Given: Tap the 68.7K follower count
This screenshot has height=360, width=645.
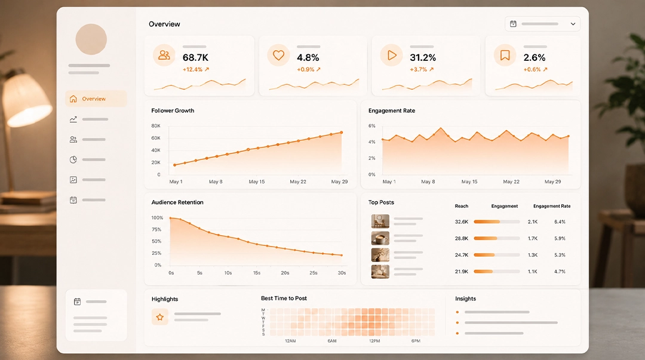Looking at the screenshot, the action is pos(195,57).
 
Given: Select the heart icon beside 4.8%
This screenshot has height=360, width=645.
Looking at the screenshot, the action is pos(278,55).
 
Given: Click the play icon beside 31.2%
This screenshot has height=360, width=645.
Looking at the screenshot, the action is pos(392,55).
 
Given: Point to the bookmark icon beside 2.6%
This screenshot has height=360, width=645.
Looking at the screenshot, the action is pos(505,55).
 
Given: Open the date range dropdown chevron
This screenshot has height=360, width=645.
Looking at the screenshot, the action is pos(573,24).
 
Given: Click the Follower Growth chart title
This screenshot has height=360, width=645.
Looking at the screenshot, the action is pos(173,110).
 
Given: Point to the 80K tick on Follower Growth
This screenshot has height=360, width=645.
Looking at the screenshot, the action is pos(156,126).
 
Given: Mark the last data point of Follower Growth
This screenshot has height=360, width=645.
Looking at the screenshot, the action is pos(342,133).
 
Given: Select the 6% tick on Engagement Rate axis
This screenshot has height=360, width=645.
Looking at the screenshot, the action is pos(372,126).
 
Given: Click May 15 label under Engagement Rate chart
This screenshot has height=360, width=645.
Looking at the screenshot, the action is pos(469,181).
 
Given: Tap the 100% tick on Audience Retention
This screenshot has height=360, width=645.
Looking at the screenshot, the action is pos(157,218).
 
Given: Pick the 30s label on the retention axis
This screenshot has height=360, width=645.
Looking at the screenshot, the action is pos(342,273).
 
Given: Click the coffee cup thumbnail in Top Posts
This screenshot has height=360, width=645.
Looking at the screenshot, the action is pos(380,238).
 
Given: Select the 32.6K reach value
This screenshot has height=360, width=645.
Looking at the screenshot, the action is pos(462,221).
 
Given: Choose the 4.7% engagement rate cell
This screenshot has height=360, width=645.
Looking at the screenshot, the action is pos(560,272).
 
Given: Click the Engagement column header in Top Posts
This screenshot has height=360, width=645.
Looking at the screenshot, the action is pos(505,206).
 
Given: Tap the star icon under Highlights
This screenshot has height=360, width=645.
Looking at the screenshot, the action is pos(160,317).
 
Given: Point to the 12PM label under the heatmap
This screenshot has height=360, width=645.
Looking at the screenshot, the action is pos(374,341).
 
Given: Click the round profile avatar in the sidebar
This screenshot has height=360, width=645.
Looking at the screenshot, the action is pos(91,39).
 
